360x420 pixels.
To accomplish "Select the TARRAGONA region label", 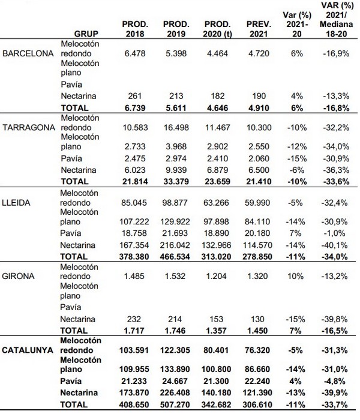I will pos(29,128).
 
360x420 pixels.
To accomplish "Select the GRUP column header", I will pos(86,34).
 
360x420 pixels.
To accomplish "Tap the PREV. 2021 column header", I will pos(259,29).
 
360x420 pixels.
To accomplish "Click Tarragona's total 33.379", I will pos(176,180).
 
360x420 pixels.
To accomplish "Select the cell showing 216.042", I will pos(175,245).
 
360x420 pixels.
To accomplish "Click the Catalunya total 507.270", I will pos(176,405).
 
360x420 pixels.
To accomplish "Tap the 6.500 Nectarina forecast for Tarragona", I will pos(259,170).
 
